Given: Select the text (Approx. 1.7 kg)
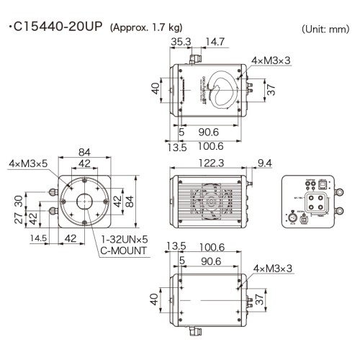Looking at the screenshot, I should coord(146,28).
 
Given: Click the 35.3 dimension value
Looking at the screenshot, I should coord(181,43).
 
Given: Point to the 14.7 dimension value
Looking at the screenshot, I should coord(210,43).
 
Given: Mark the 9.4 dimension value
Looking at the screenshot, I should coord(264,163).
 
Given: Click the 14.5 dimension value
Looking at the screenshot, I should coord(38,238).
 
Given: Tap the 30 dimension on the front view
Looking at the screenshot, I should coord(21,199).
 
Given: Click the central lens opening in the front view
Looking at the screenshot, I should coord(84,201).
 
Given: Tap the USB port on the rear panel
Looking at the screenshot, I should coord(323,186).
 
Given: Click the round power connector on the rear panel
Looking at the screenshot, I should coord(292,215).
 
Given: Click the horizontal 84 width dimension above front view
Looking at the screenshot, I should coord(84,152).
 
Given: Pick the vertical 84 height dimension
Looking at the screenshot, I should coord(130,200).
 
